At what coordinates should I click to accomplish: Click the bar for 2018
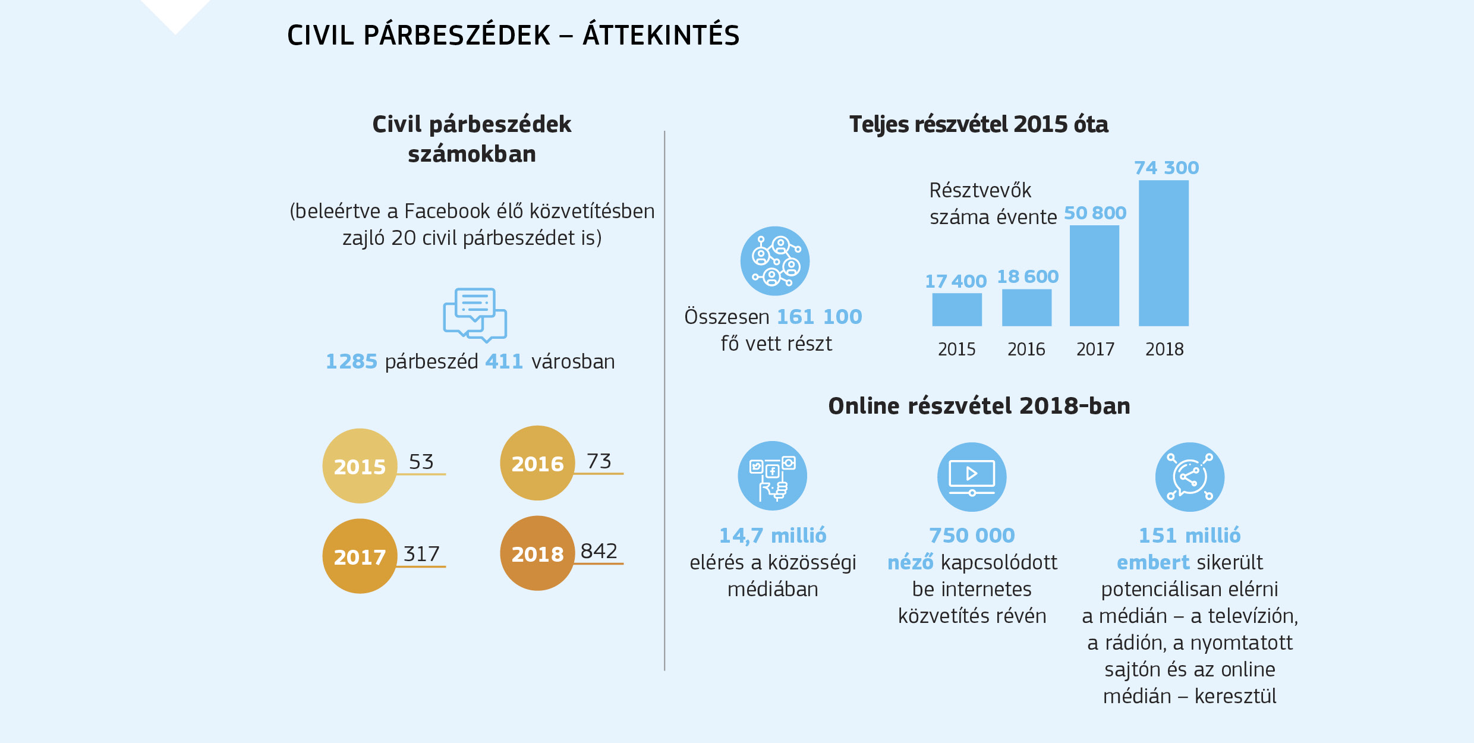pyautogui.click(x=1163, y=253)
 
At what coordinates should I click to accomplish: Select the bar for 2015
pyautogui.click(x=956, y=309)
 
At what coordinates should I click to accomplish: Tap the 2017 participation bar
pyautogui.click(x=1094, y=275)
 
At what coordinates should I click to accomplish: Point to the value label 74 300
pyautogui.click(x=1166, y=168)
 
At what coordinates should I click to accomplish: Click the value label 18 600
pyautogui.click(x=1027, y=276)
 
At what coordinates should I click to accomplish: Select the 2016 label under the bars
pyautogui.click(x=1026, y=349)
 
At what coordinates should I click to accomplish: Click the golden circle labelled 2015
pyautogui.click(x=360, y=466)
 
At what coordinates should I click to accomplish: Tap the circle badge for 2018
pyautogui.click(x=537, y=553)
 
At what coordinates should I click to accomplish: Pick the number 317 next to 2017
pyautogui.click(x=421, y=554)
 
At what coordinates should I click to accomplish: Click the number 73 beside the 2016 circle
pyautogui.click(x=599, y=461)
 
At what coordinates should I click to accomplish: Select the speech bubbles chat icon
pyautogui.click(x=474, y=315)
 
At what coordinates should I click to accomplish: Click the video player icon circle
pyautogui.click(x=972, y=477)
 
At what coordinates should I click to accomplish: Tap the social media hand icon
pyautogui.click(x=772, y=476)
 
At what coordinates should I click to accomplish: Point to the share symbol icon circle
pyautogui.click(x=1189, y=477)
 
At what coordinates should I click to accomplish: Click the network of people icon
pyautogui.click(x=774, y=261)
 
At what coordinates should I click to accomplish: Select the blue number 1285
pyautogui.click(x=351, y=361)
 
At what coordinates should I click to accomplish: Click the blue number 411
pyautogui.click(x=503, y=361)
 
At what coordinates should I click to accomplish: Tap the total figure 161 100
pyautogui.click(x=819, y=317)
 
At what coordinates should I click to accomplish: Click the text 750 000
pyautogui.click(x=972, y=536)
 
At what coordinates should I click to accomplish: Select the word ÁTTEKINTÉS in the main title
pyautogui.click(x=661, y=35)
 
